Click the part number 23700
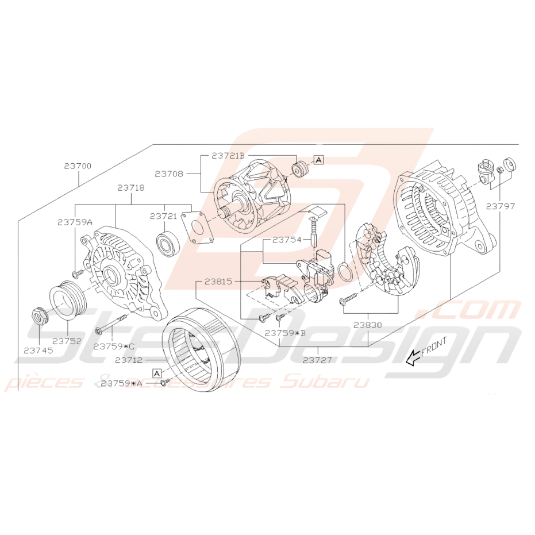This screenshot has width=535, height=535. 78,166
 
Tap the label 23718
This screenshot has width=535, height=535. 131,188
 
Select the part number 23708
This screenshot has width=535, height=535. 169,174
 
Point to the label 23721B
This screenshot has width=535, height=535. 228,156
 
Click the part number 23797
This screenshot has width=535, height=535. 501,206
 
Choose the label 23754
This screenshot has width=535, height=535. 287,240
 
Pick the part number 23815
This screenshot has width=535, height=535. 218,282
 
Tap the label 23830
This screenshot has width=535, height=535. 367,325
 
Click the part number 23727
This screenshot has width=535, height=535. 317,360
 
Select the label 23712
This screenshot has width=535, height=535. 129,360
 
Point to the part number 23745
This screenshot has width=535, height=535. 39,351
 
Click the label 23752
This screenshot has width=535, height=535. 67,341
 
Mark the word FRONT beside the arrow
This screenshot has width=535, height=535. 434,347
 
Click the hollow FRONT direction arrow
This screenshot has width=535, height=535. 413,358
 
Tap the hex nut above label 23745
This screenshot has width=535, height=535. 39,316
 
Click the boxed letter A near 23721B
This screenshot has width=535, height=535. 318,159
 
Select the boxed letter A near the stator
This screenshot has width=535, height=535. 157,374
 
